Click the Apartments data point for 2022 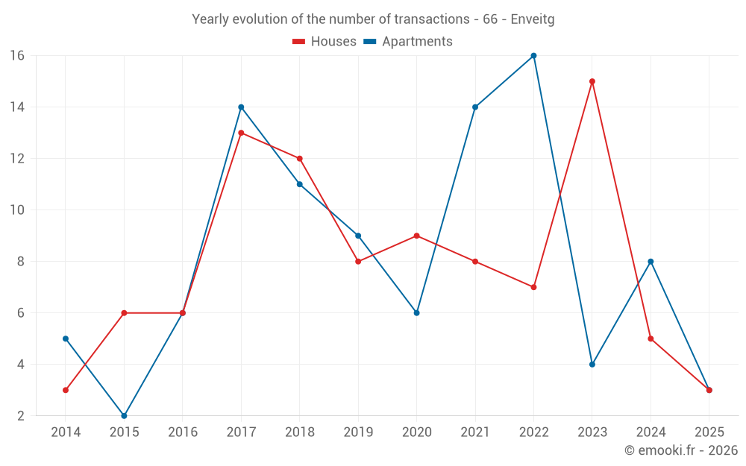pos(533,55)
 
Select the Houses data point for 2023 pos(592,81)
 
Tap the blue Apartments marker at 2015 pos(124,415)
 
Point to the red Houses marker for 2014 pos(66,390)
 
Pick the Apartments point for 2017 pos(241,107)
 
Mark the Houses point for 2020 pos(416,236)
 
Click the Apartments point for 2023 pos(592,365)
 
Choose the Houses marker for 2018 pos(299,158)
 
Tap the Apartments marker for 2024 pos(651,262)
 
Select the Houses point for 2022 pos(533,287)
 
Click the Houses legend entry pos(325,42)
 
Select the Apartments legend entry pos(408,42)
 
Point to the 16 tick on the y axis pos(17,55)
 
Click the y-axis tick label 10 pos(17,210)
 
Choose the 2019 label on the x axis pos(358,432)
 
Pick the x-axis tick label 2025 pos(709,432)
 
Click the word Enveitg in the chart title pos(533,19)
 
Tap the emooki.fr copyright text pos(681,450)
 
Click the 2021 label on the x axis pos(475,432)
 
